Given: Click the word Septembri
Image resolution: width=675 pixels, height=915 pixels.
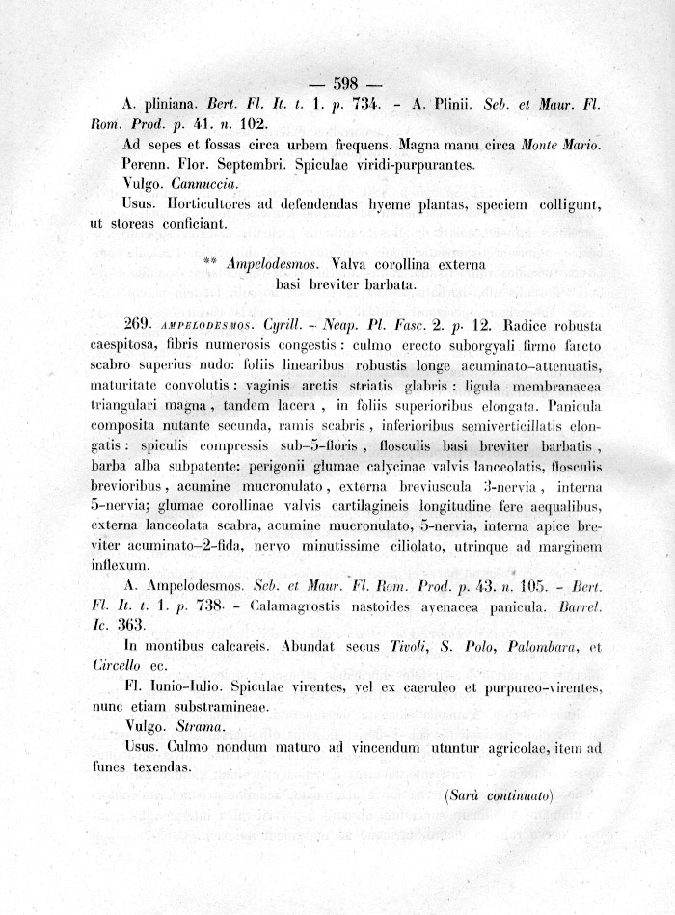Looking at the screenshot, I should coord(268,163).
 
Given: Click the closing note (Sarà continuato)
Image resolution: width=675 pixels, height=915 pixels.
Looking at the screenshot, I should coord(499,795).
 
